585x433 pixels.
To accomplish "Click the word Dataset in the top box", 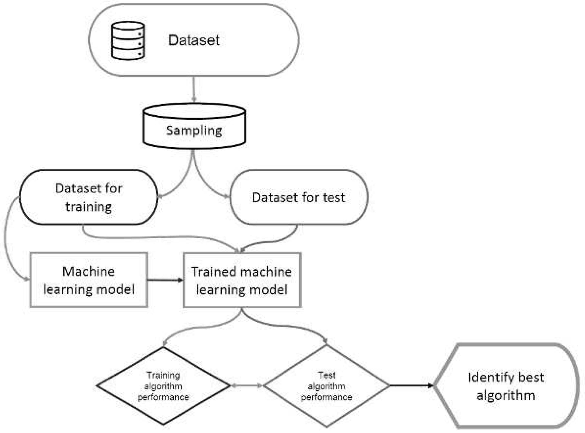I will tap(194, 41).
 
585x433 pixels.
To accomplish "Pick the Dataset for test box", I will tap(299, 197).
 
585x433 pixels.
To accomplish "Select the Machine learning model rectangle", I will tap(89, 280).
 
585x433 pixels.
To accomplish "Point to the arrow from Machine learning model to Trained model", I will tap(165, 280).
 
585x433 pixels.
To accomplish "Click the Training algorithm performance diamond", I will tap(163, 386).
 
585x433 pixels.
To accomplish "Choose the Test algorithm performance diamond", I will tap(326, 386).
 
